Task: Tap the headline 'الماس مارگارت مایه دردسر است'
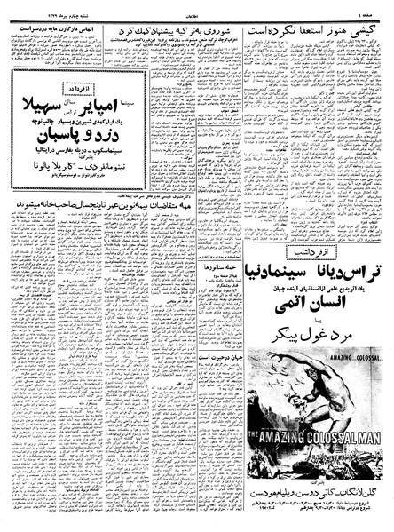(57, 28)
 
